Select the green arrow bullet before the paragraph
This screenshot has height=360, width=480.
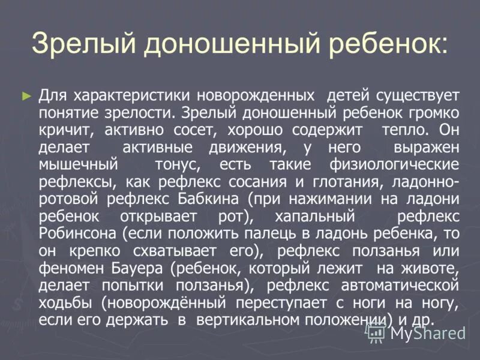(25, 95)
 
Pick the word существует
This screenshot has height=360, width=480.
(418, 95)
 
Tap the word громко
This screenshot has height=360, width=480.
(429, 112)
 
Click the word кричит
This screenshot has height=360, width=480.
(64, 130)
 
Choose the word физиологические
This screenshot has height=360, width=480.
(394, 164)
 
